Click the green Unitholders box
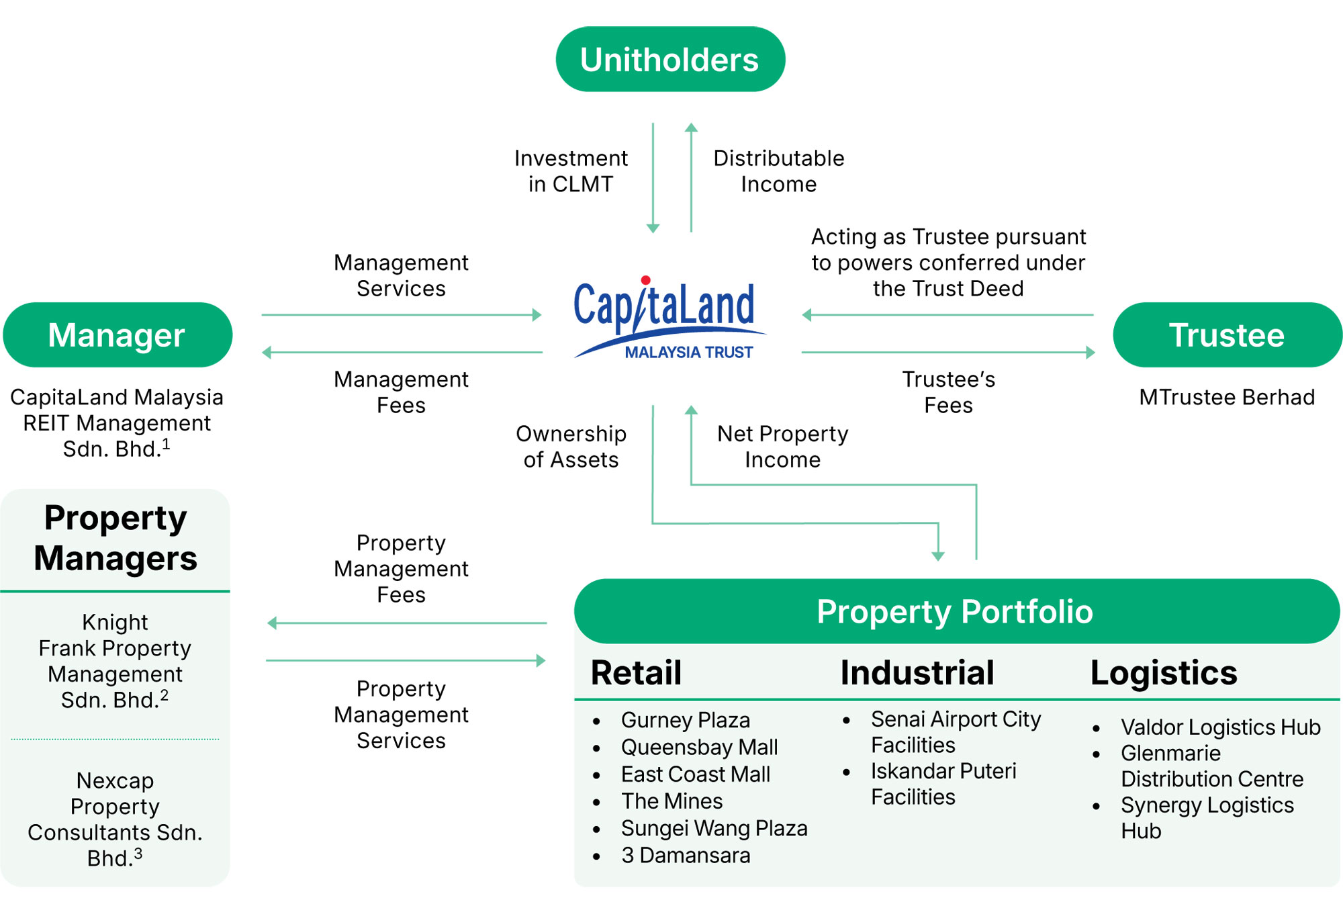(x=670, y=59)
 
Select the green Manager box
(x=117, y=334)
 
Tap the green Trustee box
(x=1227, y=334)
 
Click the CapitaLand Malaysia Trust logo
(x=668, y=319)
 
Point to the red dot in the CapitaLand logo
(x=645, y=280)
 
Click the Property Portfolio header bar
(x=956, y=611)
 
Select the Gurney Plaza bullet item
(x=685, y=720)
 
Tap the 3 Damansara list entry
(x=685, y=856)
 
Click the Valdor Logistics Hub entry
(x=1220, y=727)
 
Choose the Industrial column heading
(x=917, y=672)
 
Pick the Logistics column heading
(x=1164, y=672)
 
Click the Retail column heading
(x=636, y=672)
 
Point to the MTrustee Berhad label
(x=1227, y=397)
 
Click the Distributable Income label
(x=779, y=171)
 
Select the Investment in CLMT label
(x=571, y=171)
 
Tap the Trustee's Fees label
(x=948, y=392)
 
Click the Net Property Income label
(x=782, y=447)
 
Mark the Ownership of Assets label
(x=571, y=447)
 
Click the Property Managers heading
(x=115, y=538)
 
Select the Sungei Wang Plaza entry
(x=714, y=829)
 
